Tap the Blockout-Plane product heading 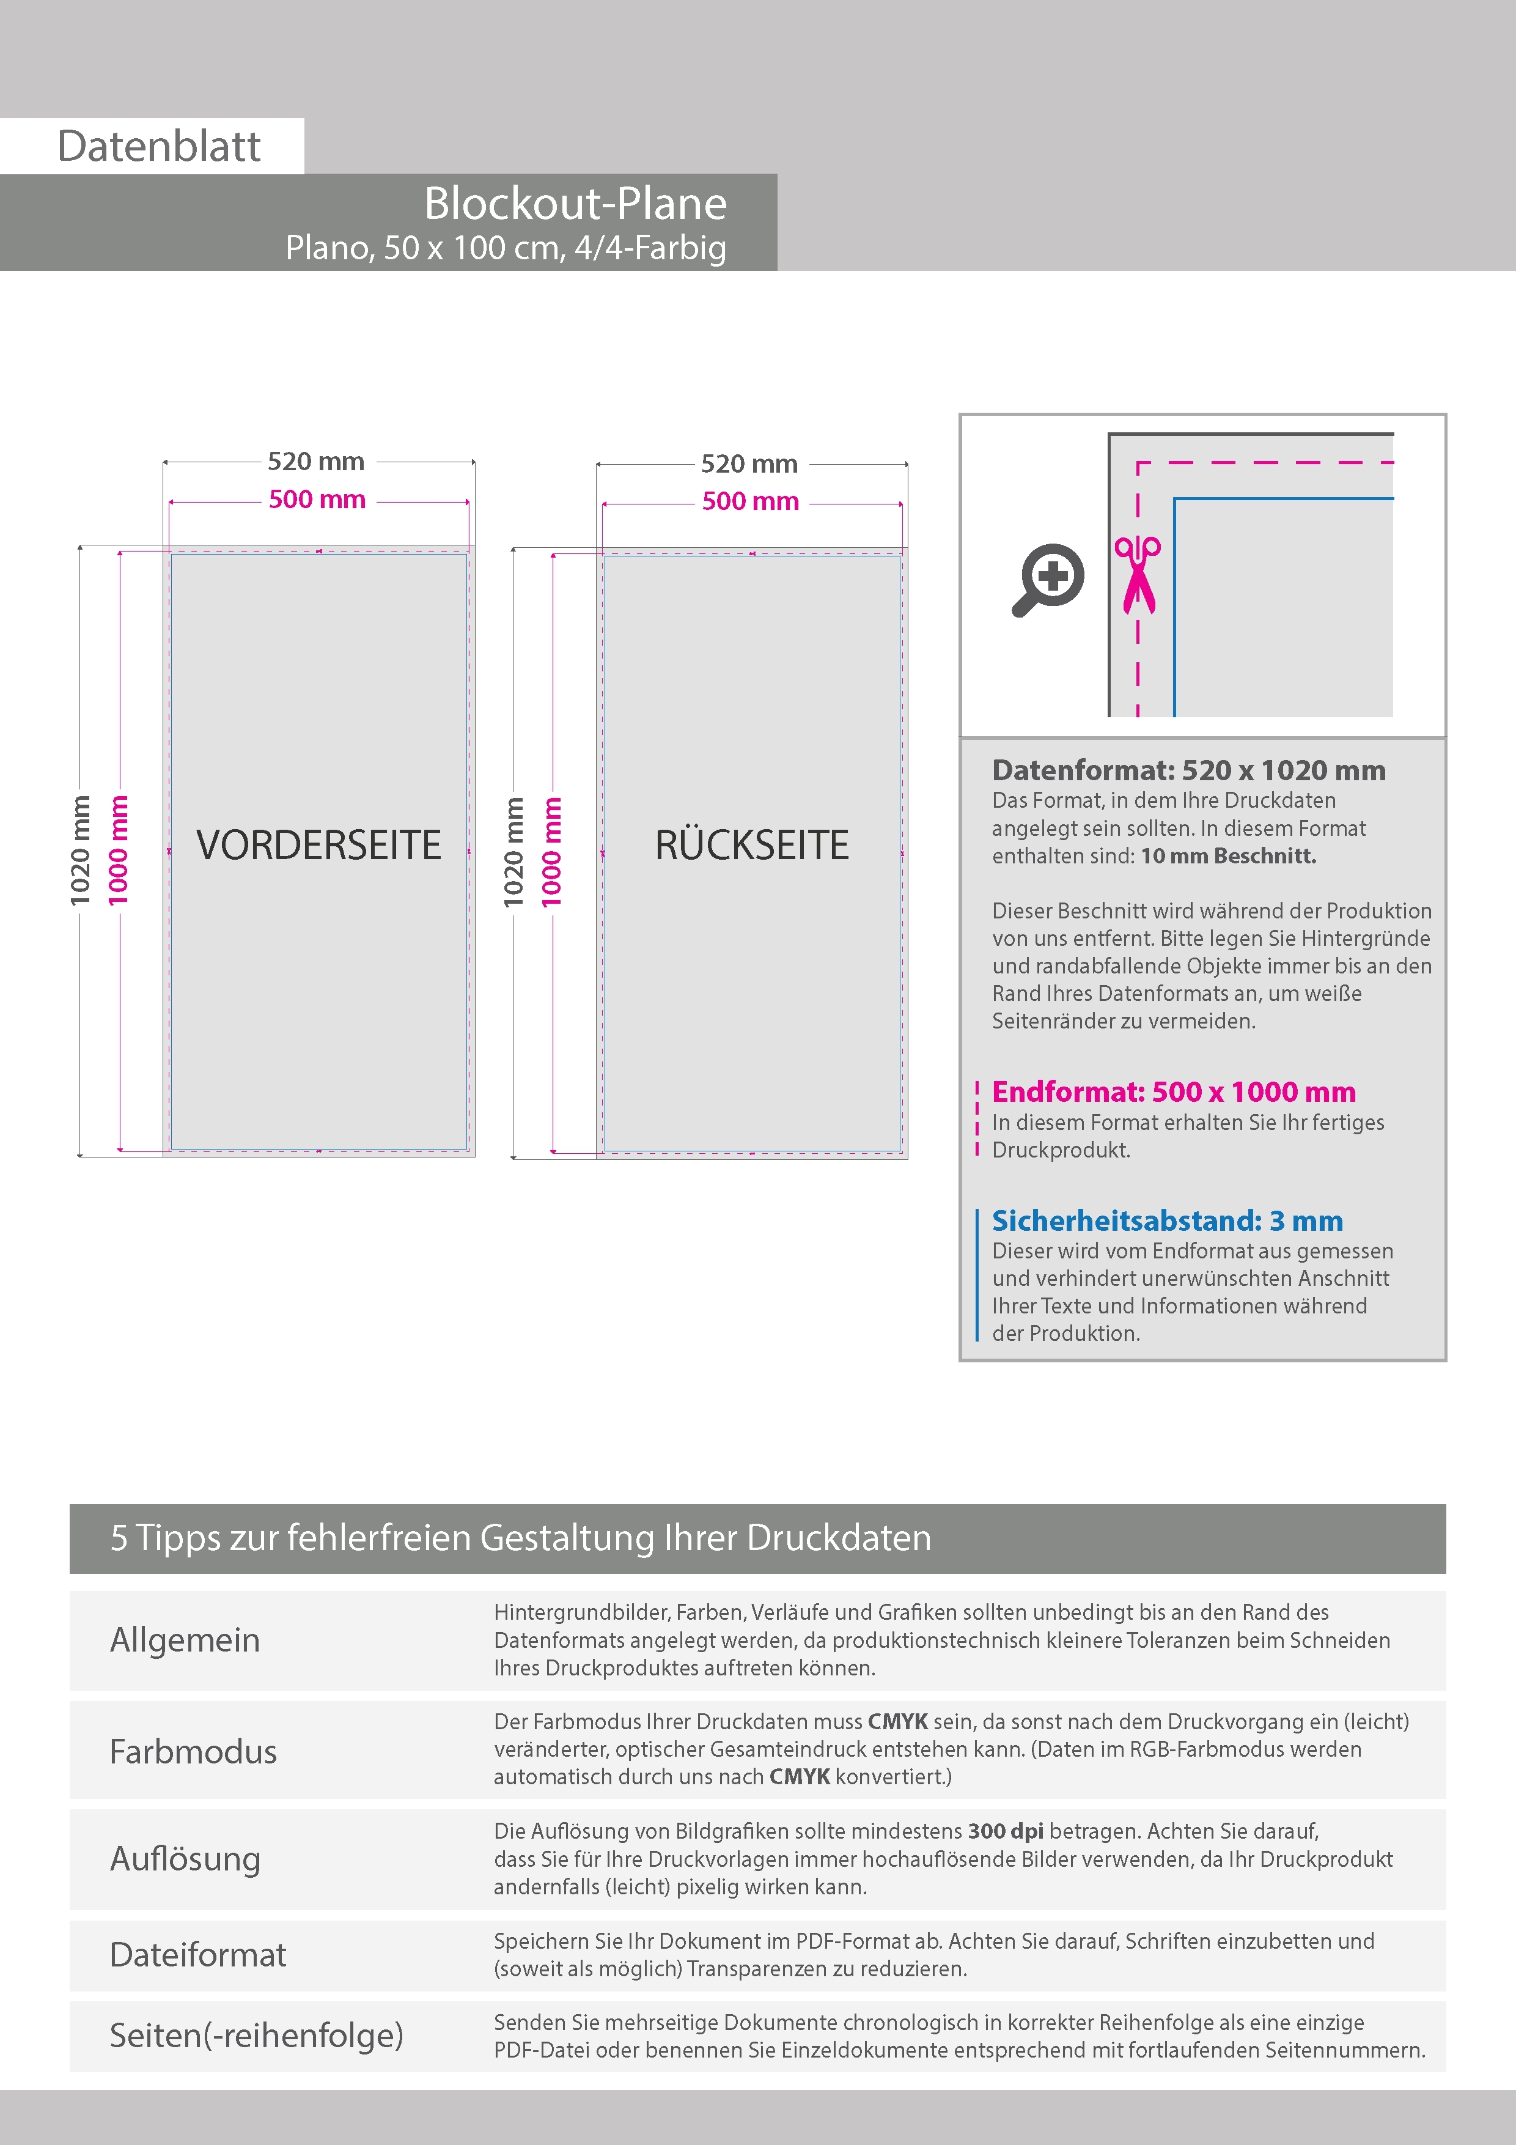click(575, 204)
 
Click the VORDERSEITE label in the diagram click(318, 844)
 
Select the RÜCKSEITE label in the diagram click(752, 844)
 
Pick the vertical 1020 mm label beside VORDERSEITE click(80, 850)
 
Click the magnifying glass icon click(1048, 579)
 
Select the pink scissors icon click(1137, 575)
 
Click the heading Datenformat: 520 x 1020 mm click(1188, 770)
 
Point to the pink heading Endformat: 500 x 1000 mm click(1173, 1092)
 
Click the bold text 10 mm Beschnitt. click(1227, 856)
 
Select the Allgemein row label click(185, 1641)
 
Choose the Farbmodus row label click(193, 1752)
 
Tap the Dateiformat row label click(198, 1954)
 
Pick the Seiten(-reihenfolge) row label click(257, 2035)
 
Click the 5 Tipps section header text click(520, 1538)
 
